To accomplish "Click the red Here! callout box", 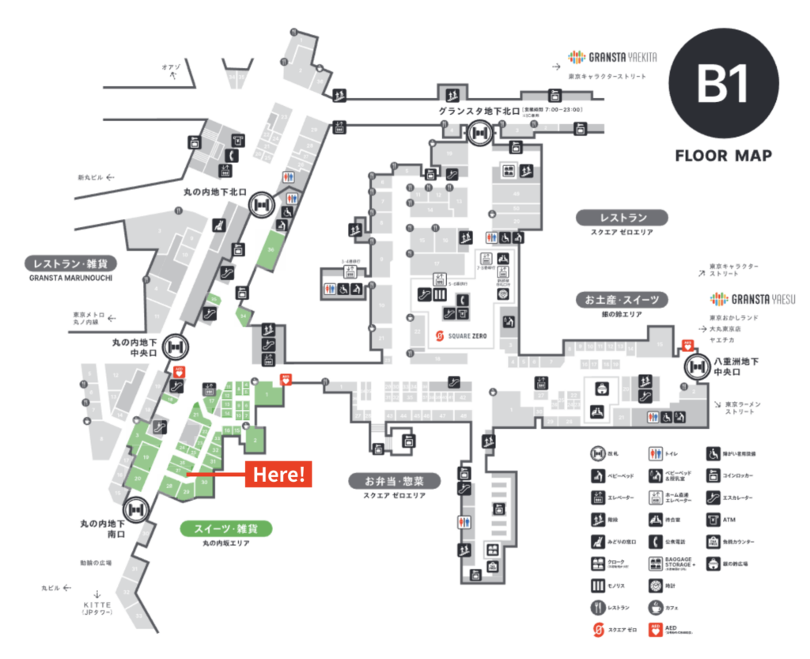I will point(278,475).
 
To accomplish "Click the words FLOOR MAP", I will point(724,155).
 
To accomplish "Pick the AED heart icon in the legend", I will point(654,630).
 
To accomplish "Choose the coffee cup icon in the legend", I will point(654,608).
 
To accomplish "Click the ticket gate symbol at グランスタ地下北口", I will point(479,134).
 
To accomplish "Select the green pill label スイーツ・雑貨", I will point(226,528).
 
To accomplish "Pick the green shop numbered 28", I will point(170,485).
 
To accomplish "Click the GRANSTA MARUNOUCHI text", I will point(71,278).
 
